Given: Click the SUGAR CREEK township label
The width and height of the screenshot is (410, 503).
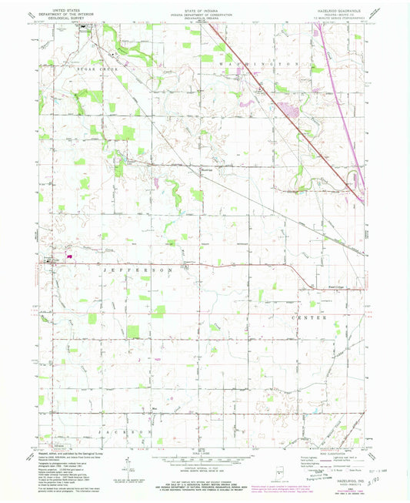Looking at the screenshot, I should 94,69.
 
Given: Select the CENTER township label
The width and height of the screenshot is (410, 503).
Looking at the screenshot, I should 308,317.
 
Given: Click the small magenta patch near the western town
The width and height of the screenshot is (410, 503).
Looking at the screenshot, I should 70,259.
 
